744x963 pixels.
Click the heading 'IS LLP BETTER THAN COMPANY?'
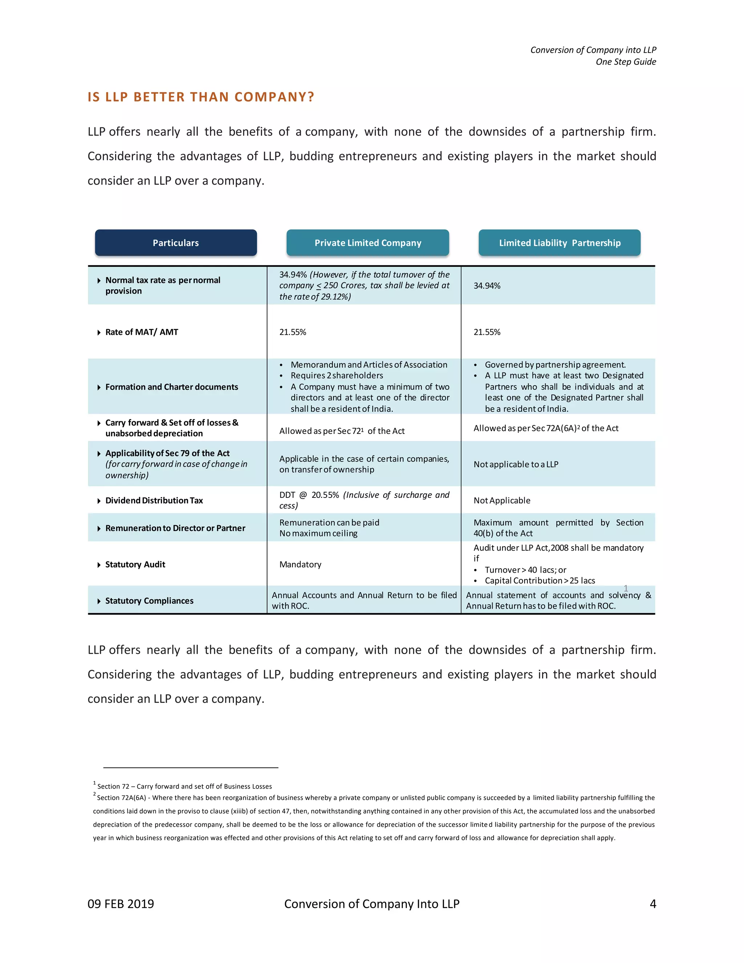201,97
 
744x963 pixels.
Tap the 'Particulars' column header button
175,243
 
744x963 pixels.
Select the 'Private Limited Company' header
368,243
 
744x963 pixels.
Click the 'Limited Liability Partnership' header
559,243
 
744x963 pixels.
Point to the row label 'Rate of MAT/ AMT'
141,332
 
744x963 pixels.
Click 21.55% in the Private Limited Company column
293,332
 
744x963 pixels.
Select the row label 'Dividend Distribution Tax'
154,500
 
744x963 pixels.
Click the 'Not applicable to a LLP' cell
516,464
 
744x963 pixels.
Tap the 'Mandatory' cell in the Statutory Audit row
300,564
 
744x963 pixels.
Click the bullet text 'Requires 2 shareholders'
337,376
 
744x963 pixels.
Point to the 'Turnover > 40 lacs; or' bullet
525,570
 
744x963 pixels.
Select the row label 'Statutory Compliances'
149,601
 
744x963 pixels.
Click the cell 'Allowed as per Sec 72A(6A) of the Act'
546,428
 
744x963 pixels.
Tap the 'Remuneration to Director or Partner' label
175,528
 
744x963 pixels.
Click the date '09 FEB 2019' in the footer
121,904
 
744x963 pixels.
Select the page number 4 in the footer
653,904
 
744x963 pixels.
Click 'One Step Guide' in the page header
626,62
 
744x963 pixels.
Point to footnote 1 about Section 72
184,786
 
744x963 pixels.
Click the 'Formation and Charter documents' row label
171,387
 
